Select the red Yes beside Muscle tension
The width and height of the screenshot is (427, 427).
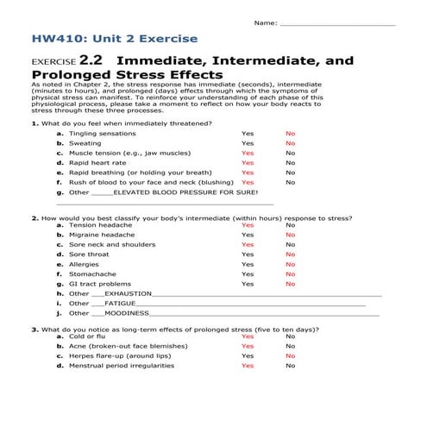click(248, 153)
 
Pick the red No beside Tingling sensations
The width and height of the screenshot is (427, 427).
click(290, 134)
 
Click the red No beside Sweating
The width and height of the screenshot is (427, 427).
click(290, 143)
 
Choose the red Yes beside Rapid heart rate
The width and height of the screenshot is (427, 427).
click(248, 162)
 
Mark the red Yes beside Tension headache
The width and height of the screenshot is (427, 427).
click(248, 225)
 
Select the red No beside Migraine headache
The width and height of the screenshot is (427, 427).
click(290, 235)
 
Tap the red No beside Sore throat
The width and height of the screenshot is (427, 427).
click(290, 254)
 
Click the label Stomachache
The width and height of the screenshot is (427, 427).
click(92, 274)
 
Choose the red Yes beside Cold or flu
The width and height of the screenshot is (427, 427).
click(248, 336)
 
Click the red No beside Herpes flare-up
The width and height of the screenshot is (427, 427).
click(290, 355)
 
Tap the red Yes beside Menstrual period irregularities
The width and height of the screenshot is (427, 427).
click(248, 366)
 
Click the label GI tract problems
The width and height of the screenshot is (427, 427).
click(100, 284)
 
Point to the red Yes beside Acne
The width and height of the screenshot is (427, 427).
click(248, 346)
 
